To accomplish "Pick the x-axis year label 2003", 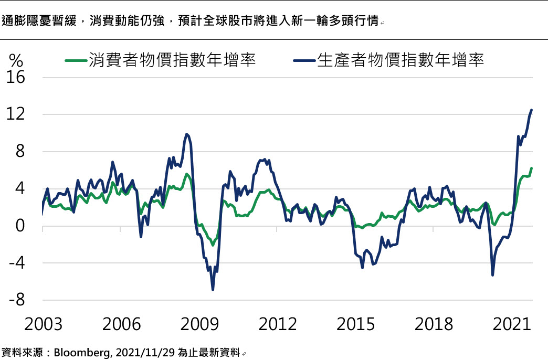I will coord(43,324).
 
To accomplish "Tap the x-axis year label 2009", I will coord(199,324).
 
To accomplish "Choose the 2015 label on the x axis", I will coord(356,324).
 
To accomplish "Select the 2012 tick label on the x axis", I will coord(278,324).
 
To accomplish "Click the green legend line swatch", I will coord(76,60).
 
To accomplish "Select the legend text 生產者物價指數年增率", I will coord(401,60).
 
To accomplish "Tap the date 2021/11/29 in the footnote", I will coord(139,352).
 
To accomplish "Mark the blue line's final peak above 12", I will coord(531,110).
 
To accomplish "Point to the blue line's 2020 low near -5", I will coord(492,274).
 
